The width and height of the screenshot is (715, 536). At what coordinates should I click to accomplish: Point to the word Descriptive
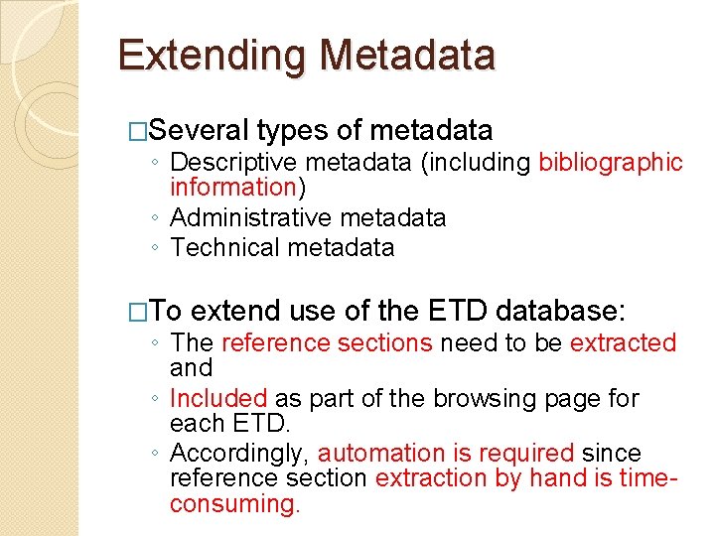pyautogui.click(x=234, y=162)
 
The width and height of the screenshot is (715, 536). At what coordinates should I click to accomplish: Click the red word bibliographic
pyautogui.click(x=610, y=162)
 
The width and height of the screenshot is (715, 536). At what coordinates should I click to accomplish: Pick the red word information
pyautogui.click(x=233, y=187)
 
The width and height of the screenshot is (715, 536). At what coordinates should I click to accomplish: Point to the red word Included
pyautogui.click(x=218, y=398)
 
